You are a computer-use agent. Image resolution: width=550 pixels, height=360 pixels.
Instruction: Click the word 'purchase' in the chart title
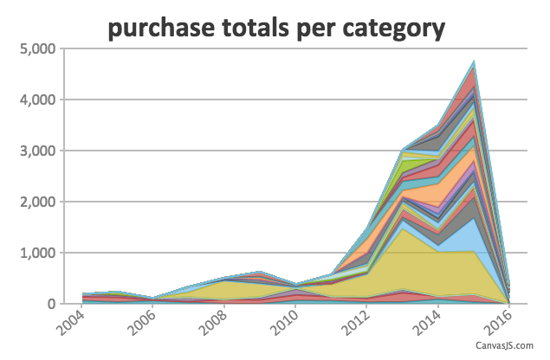point(161,28)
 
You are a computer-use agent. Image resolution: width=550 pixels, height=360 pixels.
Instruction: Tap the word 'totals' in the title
point(256,28)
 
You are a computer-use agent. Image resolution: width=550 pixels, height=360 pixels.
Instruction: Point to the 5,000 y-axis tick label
point(38,49)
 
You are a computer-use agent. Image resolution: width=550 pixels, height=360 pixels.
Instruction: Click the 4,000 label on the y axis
point(38,100)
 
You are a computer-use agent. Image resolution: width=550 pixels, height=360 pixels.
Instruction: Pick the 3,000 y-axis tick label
point(38,151)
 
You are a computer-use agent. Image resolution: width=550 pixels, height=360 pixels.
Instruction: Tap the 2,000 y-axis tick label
point(38,202)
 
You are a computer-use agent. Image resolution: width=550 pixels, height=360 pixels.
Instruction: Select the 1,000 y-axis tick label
point(38,253)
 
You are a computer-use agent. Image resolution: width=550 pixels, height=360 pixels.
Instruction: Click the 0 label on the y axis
point(52,304)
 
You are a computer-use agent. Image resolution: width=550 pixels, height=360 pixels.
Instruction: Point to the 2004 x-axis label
point(71,323)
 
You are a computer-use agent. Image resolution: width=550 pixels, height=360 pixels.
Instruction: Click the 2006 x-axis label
point(142,323)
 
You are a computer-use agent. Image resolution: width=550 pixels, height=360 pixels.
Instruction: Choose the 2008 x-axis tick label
point(214,323)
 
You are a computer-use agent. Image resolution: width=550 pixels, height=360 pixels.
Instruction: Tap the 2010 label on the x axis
point(285,323)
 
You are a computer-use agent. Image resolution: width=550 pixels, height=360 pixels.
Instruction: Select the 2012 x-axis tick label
point(356,323)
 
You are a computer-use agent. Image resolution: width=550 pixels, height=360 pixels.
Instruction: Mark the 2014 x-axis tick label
point(428,323)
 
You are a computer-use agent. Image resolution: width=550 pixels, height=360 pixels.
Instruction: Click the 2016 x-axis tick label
point(499,323)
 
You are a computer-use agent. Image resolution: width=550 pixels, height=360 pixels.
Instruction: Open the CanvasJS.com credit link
point(504,345)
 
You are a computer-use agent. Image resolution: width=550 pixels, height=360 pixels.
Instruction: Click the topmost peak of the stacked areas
point(474,61)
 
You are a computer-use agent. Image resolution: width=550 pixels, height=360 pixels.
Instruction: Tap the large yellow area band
point(404,267)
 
